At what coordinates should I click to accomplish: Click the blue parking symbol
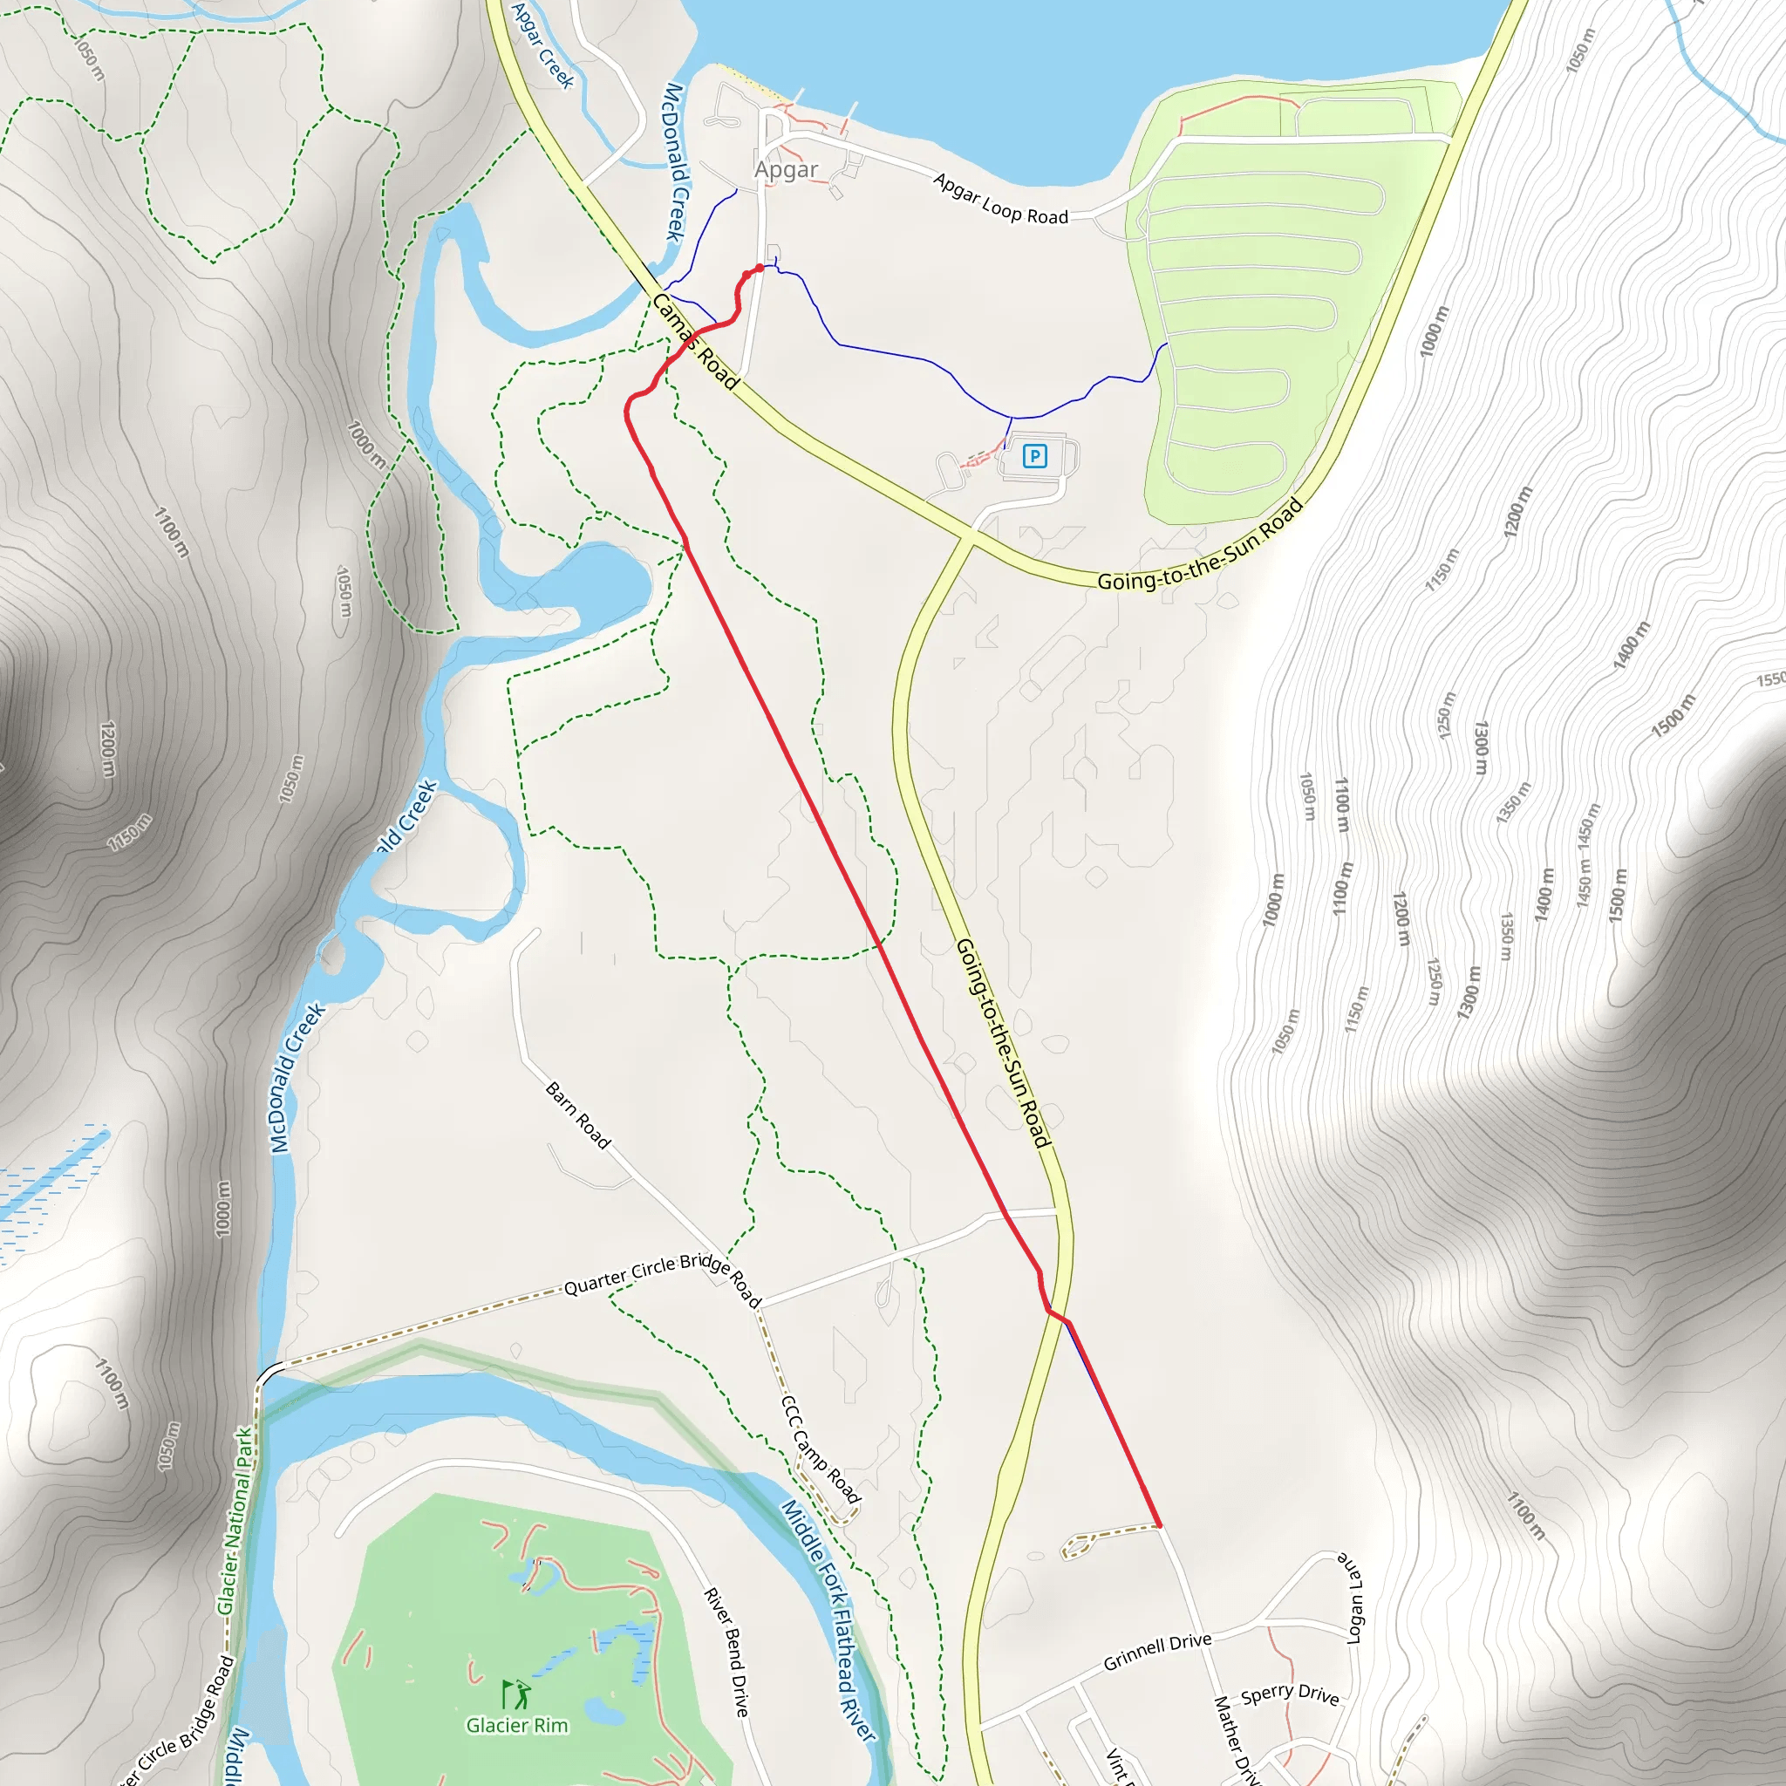click(x=1034, y=456)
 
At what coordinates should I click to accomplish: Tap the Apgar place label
click(x=786, y=169)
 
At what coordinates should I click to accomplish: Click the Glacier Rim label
click(x=517, y=1725)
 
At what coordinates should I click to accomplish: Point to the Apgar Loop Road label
click(x=1000, y=200)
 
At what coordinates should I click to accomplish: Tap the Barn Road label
click(x=579, y=1115)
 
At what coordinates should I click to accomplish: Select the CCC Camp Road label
click(x=821, y=1449)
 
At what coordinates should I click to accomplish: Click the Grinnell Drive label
click(x=1157, y=1652)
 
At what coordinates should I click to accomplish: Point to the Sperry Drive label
click(x=1290, y=1694)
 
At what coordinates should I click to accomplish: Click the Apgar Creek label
click(x=542, y=44)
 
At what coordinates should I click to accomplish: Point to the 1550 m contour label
click(x=1770, y=679)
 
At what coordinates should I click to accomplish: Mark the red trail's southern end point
click(x=1158, y=1524)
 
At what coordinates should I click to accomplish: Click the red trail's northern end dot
click(x=760, y=268)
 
